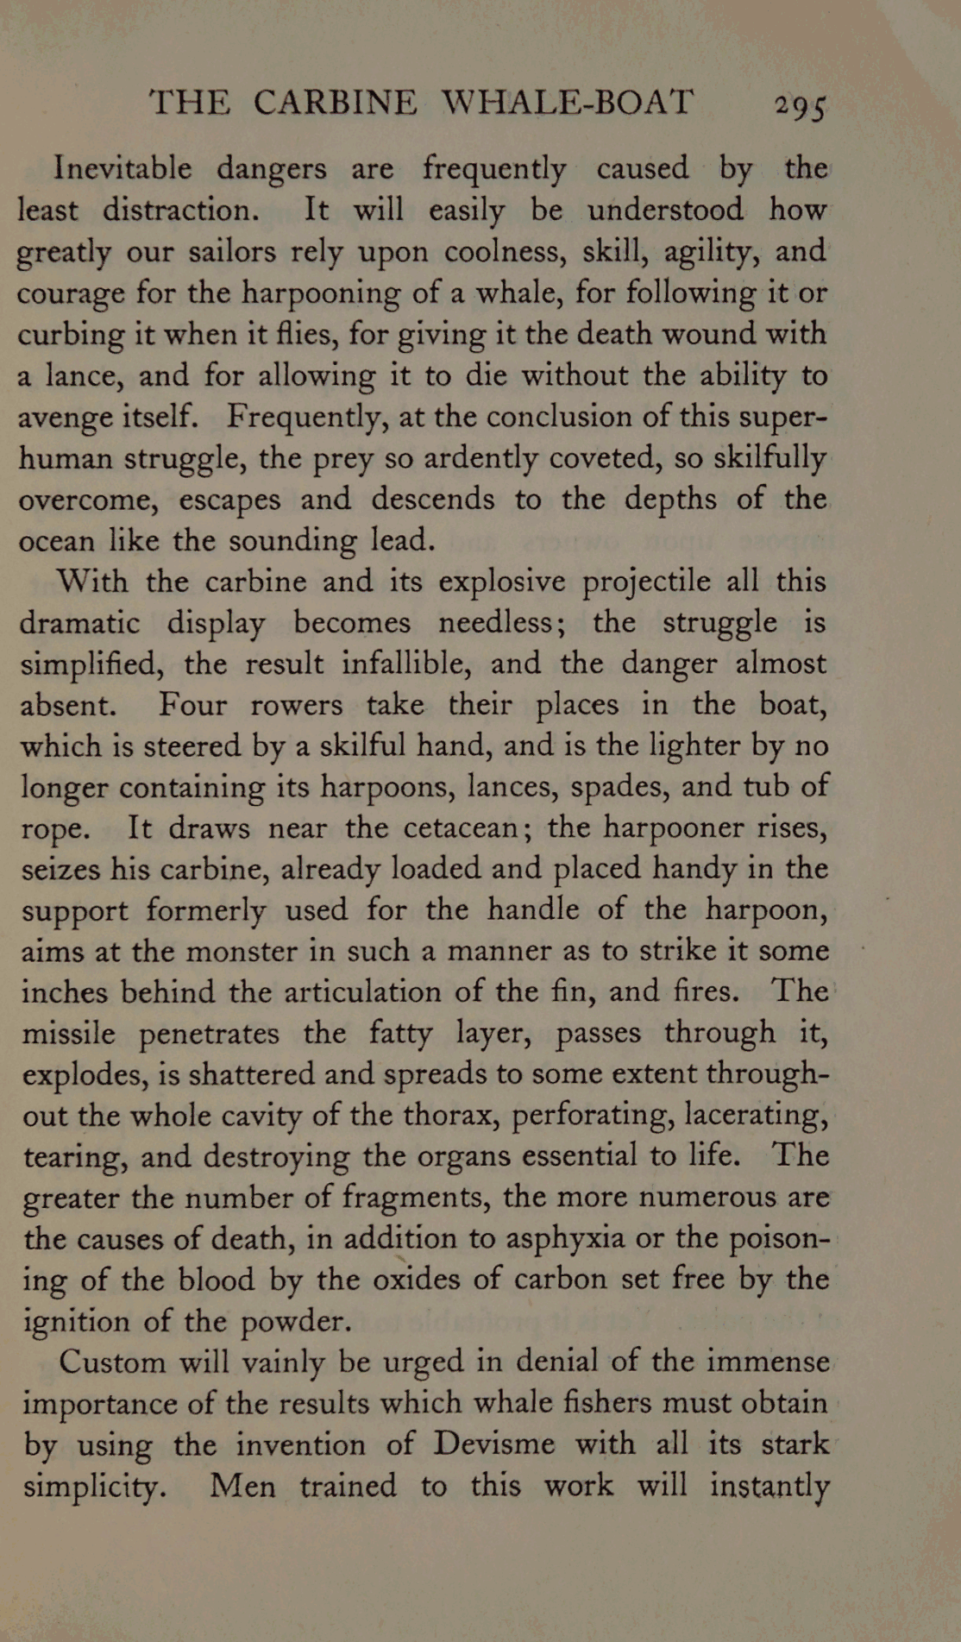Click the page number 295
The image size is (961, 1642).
click(x=800, y=105)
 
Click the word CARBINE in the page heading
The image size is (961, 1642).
click(x=335, y=103)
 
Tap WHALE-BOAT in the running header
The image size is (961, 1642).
click(x=567, y=103)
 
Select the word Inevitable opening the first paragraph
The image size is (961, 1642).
click(x=122, y=167)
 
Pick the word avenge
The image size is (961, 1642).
click(x=66, y=418)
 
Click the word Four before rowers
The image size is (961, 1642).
click(x=192, y=705)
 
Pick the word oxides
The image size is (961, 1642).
click(x=417, y=1280)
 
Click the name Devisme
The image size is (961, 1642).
click(x=494, y=1444)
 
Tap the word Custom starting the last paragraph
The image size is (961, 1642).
click(x=112, y=1362)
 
